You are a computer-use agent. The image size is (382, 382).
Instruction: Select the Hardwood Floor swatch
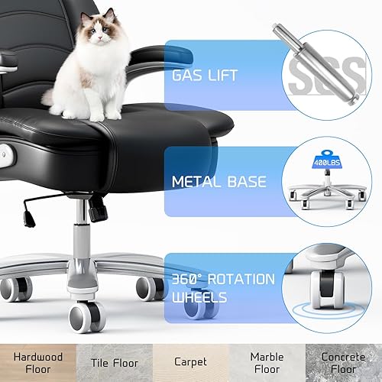(x=37, y=361)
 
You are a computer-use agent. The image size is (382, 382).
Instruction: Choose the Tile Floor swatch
(x=114, y=361)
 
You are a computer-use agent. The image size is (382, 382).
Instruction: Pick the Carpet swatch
(x=190, y=361)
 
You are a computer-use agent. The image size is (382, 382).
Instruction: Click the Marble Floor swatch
(x=267, y=361)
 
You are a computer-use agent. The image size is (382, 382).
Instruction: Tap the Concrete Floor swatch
(x=343, y=361)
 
